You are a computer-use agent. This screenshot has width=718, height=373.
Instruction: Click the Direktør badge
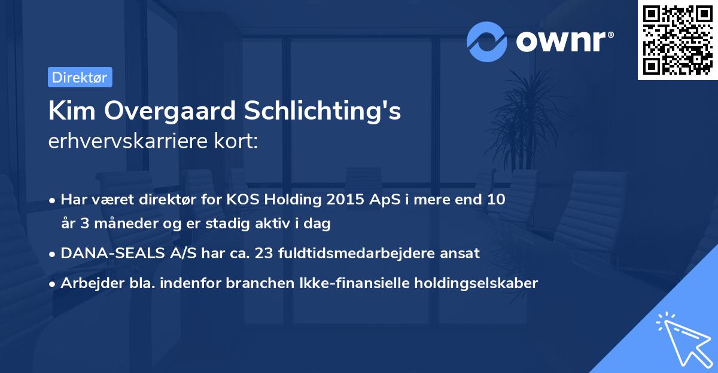pyautogui.click(x=80, y=77)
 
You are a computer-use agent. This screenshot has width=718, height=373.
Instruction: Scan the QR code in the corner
pyautogui.click(x=678, y=40)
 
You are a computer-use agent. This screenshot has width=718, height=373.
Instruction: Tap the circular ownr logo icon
pyautogui.click(x=488, y=41)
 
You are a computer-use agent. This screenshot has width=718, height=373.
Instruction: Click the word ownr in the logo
pyautogui.click(x=563, y=41)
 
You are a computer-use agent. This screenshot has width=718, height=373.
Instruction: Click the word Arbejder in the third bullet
pyautogui.click(x=88, y=283)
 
